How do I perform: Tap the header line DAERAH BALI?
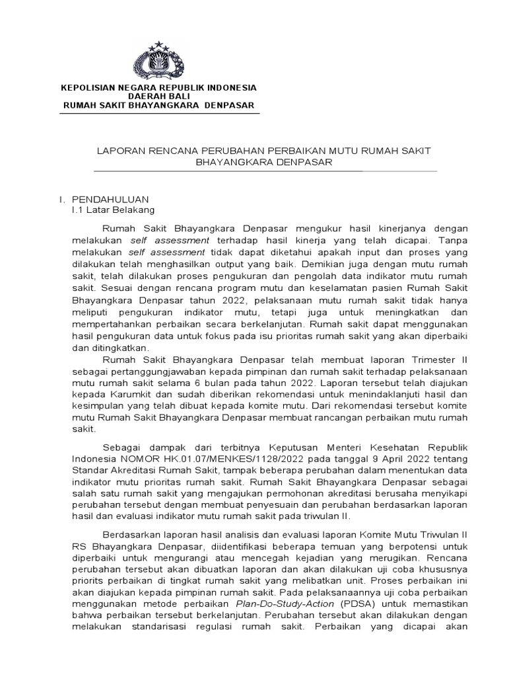[158, 97]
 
